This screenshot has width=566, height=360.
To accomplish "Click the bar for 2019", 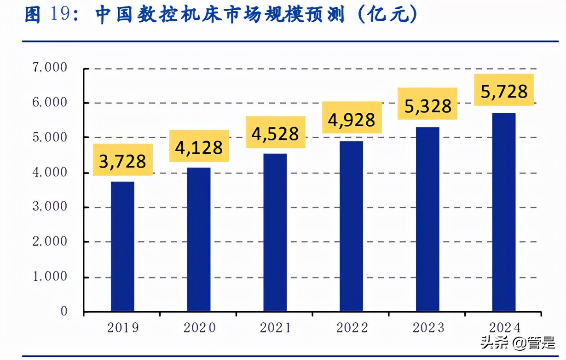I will coord(122,246).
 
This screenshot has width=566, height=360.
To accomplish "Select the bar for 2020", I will coord(199,239).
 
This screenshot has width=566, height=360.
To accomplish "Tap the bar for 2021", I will coord(275,232).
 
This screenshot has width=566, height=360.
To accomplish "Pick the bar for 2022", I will coord(351,226).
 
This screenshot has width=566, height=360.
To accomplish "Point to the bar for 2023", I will coord(427,219).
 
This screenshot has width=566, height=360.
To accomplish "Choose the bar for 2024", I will coord(503,212).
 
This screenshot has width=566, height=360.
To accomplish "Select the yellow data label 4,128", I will coord(199,146).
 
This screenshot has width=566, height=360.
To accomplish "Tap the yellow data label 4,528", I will coord(276,133).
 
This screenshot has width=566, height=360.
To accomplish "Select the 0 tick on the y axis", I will coord(64,312).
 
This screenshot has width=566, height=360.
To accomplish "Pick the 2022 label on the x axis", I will coord(352,328).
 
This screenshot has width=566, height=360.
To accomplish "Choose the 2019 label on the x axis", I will coord(123,328).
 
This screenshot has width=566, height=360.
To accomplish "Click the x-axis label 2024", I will coord(504,328).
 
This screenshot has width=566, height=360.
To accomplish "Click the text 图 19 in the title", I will coord(46,15).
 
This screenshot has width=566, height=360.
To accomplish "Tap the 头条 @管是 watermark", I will coord(518,343).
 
